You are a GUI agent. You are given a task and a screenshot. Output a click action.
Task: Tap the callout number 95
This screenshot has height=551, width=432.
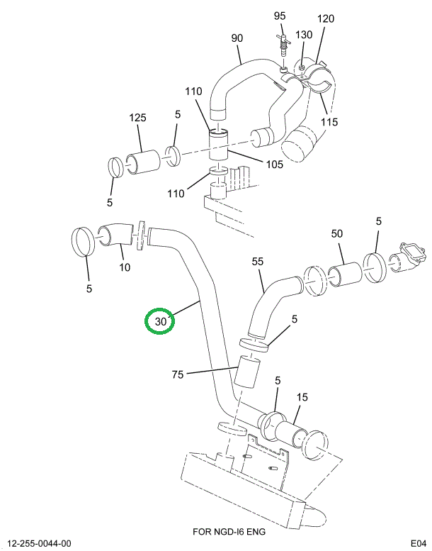coord(279,16)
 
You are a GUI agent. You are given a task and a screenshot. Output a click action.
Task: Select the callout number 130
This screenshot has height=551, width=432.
coord(303,35)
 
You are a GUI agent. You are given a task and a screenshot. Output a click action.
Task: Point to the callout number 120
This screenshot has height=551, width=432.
coord(325,19)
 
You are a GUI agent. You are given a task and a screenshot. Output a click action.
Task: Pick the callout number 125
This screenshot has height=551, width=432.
coord(138,118)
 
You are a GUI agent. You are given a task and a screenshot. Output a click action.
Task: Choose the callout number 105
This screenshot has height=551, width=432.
coord(273,164)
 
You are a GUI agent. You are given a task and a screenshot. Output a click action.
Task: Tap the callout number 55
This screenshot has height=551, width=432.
coord(258,262)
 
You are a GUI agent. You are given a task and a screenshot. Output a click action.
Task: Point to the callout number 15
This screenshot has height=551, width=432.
coord(302,398)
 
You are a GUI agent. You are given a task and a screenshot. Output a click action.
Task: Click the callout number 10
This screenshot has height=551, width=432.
coord(125,267)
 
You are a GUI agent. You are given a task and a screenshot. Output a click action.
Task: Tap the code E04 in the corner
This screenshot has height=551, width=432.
coord(418,543)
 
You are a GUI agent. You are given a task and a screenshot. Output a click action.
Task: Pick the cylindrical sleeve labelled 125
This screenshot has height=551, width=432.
coord(144,162)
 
